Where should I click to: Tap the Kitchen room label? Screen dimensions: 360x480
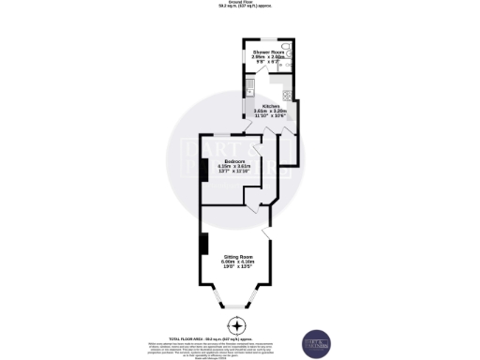[269, 106]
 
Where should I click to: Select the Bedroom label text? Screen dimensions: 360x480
[222, 160]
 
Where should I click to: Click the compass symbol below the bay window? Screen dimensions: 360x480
[239, 326]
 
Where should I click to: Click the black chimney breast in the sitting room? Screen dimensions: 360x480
[202, 243]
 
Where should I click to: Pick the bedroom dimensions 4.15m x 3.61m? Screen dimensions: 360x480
[223, 166]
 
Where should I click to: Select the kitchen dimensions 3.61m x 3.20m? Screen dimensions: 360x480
[269, 112]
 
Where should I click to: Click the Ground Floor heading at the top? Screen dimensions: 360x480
[240, 3]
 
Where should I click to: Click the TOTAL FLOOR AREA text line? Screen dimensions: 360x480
[239, 339]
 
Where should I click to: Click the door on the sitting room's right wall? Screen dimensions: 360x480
[268, 232]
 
